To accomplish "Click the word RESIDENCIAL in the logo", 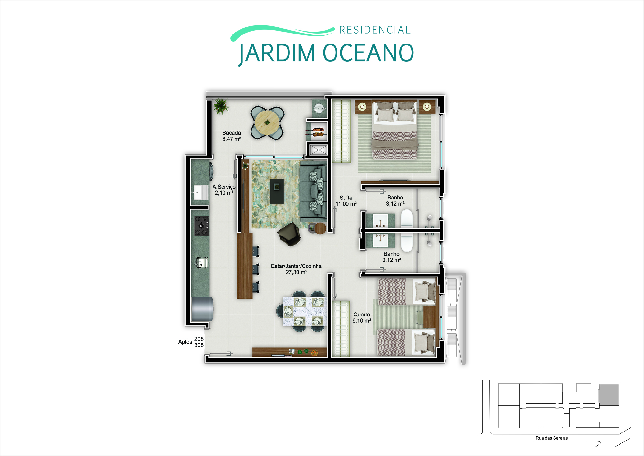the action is point(375,30).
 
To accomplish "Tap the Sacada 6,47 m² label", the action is point(232,136).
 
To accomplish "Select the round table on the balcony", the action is point(267,122).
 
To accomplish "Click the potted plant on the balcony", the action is point(220,106).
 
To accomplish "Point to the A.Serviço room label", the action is point(224,189).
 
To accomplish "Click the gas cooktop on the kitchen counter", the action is point(202,226).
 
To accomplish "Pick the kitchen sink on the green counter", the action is point(201,262).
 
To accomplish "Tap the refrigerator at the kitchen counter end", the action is point(202,309).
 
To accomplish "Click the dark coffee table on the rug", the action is point(277,191).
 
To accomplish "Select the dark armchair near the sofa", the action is point(289,234).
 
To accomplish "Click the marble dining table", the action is point(305,312).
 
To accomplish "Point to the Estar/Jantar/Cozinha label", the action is point(296,269).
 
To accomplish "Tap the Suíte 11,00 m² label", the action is point(346,201).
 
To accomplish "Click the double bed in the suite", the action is point(395,130).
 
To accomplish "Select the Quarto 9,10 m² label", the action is point(362,317).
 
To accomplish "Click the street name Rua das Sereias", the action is point(552,438).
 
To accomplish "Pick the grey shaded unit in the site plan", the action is point(609,395).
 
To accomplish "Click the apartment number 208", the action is point(199,339).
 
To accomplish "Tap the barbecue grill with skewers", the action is point(317,131).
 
